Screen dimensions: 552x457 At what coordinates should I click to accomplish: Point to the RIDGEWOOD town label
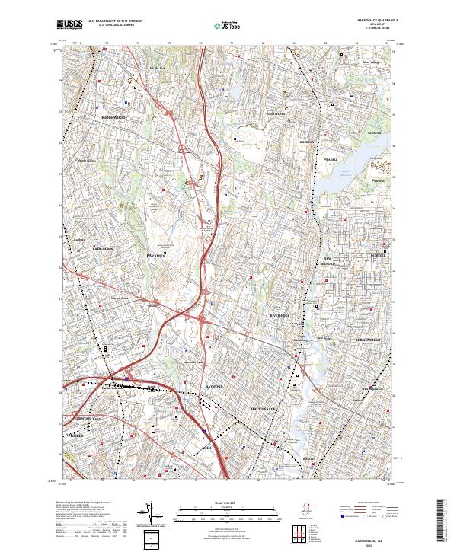pos(113,118)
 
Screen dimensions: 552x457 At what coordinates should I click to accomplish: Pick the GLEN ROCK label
pos(86,161)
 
